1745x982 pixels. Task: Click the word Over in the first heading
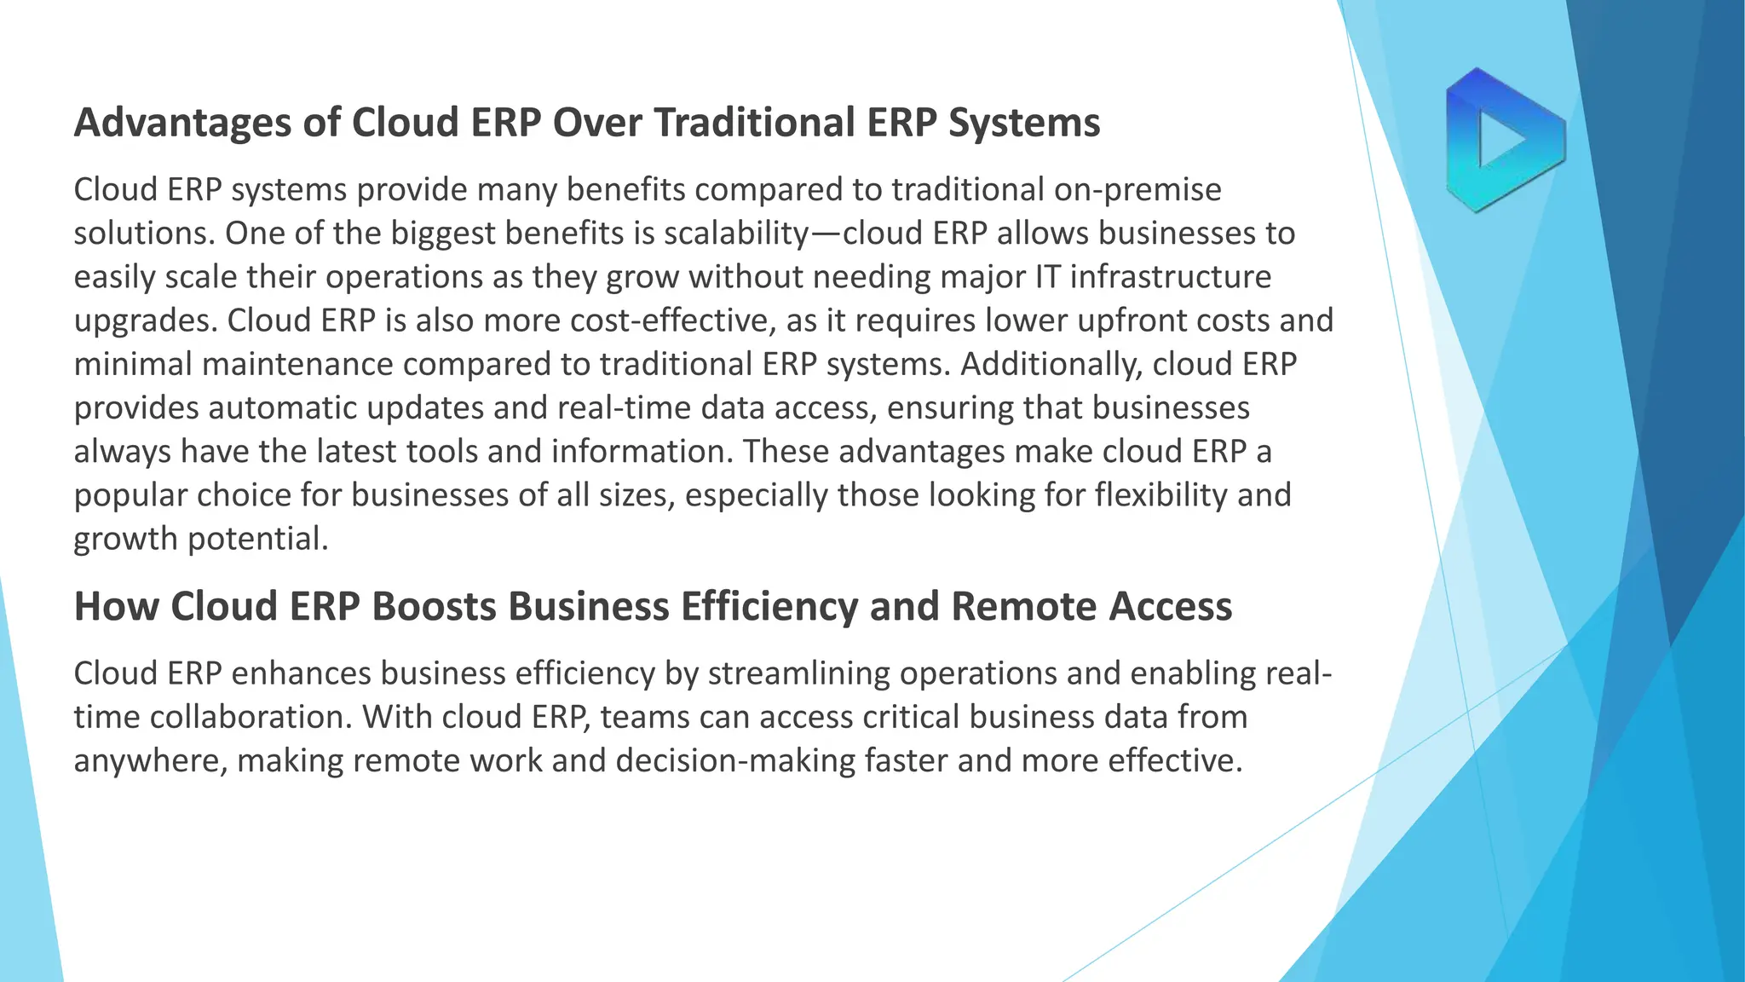[596, 122]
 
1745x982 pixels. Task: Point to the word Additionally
[1051, 364]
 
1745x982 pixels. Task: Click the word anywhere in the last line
[150, 761]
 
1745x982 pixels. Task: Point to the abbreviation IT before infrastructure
[1046, 277]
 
